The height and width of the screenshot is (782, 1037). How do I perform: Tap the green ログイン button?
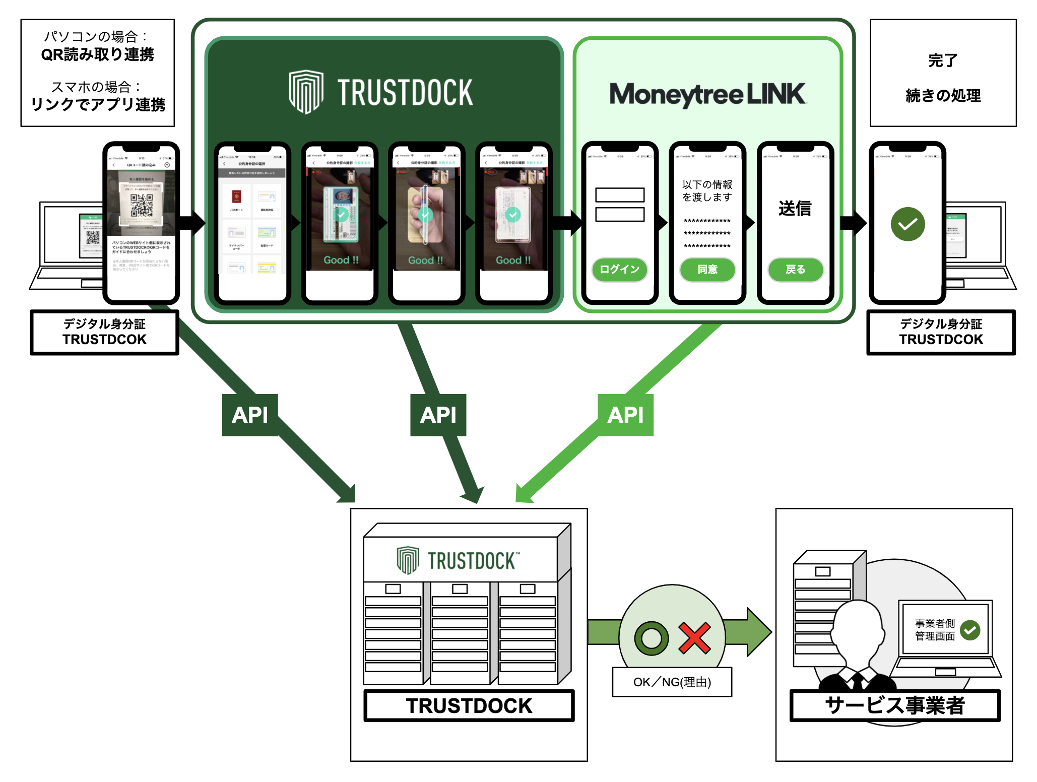[x=619, y=269]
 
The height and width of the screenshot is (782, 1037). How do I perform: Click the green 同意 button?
[x=707, y=269]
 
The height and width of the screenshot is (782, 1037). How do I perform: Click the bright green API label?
[x=625, y=415]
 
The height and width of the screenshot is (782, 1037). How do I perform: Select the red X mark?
[x=694, y=638]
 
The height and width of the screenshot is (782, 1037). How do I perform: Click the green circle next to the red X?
[x=652, y=638]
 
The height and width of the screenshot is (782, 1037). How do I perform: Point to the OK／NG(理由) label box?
[x=672, y=682]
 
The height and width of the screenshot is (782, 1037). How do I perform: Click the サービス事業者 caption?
[x=894, y=705]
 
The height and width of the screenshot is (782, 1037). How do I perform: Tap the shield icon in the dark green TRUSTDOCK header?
[x=306, y=92]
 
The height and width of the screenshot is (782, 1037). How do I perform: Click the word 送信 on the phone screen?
[x=795, y=208]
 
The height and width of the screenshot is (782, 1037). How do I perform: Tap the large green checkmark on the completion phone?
[x=908, y=224]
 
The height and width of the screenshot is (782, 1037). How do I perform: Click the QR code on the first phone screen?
[x=142, y=205]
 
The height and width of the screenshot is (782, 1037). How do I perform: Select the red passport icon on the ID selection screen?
[x=236, y=197]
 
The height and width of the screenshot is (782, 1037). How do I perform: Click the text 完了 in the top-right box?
[x=942, y=60]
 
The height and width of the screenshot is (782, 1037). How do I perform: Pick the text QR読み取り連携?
[x=97, y=54]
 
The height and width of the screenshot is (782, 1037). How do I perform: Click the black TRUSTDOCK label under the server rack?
[x=469, y=705]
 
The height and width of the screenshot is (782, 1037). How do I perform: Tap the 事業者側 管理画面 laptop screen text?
[x=935, y=630]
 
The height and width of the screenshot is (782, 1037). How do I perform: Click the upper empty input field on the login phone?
[x=619, y=195]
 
